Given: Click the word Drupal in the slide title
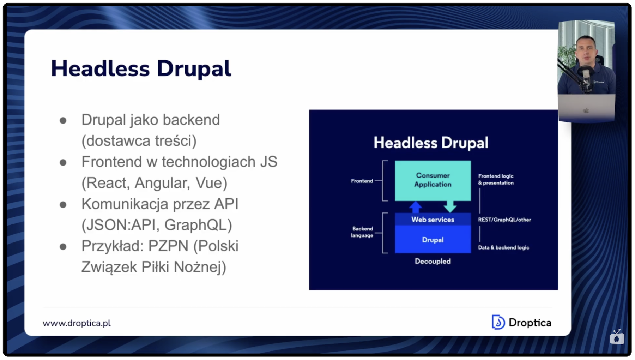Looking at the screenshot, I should pyautogui.click(x=194, y=68).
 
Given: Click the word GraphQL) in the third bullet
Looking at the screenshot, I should pyautogui.click(x=198, y=225).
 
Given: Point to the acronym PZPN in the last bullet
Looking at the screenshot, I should pyautogui.click(x=168, y=246).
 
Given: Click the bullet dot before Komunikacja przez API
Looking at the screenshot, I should pyautogui.click(x=63, y=205).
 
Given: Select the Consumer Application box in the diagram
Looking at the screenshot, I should pyautogui.click(x=433, y=180).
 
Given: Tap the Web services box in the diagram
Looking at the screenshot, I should pyautogui.click(x=433, y=220).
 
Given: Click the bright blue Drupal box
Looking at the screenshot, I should pyautogui.click(x=433, y=240).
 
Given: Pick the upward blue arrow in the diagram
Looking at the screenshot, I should pyautogui.click(x=416, y=207).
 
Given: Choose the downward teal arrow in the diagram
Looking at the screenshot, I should pyautogui.click(x=450, y=206).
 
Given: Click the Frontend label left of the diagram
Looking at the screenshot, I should pyautogui.click(x=362, y=181).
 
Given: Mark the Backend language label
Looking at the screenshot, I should pyautogui.click(x=362, y=232).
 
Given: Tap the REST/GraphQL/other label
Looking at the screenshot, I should pyautogui.click(x=504, y=220).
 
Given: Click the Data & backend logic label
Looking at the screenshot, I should pyautogui.click(x=503, y=247).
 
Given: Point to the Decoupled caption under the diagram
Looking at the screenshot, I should pyautogui.click(x=433, y=261).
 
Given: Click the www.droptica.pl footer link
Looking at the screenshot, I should pyautogui.click(x=77, y=323).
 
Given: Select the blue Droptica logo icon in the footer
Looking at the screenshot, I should pyautogui.click(x=498, y=322).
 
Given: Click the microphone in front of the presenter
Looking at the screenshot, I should pyautogui.click(x=586, y=76).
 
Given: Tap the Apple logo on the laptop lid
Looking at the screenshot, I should pyautogui.click(x=586, y=110).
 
